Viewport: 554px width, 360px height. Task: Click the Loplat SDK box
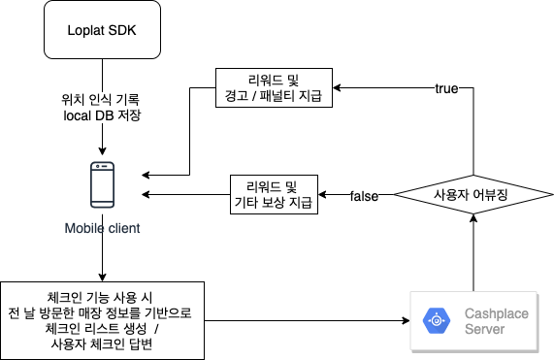(x=102, y=30)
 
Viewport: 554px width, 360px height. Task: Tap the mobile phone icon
(x=103, y=184)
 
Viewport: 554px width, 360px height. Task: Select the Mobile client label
(x=102, y=228)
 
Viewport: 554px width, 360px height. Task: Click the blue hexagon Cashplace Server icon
(x=437, y=321)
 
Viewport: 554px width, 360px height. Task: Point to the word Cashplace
(x=497, y=313)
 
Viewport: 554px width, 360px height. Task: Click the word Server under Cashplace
(x=484, y=329)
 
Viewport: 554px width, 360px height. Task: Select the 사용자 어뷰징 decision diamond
(x=473, y=194)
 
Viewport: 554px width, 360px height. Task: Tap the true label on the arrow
(x=446, y=88)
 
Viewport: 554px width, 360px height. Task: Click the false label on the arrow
(x=364, y=196)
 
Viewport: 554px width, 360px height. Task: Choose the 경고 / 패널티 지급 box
(x=274, y=87)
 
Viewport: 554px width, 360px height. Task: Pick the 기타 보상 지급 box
(x=274, y=194)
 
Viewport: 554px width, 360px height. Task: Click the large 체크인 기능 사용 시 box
(x=102, y=320)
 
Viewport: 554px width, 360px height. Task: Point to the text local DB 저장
(x=102, y=115)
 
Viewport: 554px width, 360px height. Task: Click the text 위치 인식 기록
(x=100, y=99)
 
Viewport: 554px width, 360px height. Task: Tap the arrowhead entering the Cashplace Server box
(x=406, y=321)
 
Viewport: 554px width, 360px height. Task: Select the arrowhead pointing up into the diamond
(x=473, y=218)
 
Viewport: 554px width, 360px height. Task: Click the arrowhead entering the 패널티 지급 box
(x=337, y=87)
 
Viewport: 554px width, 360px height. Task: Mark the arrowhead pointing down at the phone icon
(x=102, y=150)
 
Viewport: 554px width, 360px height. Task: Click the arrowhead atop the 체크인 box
(x=102, y=278)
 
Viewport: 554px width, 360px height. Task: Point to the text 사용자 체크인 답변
(x=102, y=344)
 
